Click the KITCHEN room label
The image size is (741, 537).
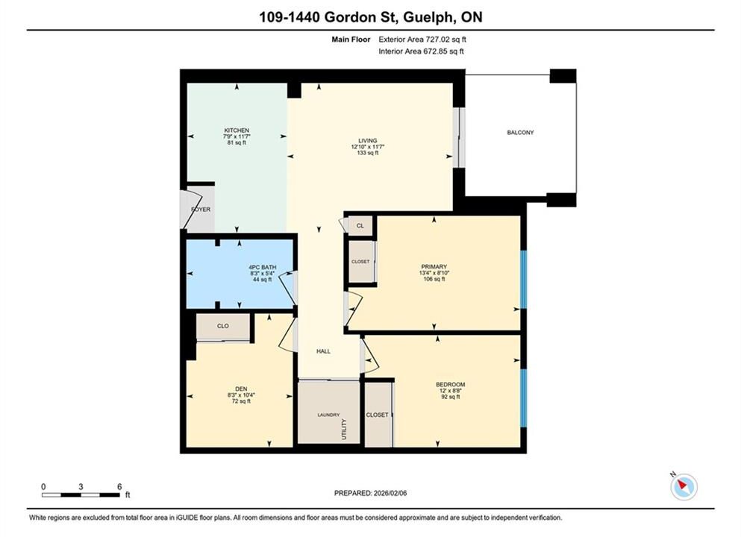click(237, 131)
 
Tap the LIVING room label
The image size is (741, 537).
click(368, 140)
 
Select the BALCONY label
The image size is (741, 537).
click(520, 133)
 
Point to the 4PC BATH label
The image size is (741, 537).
click(263, 267)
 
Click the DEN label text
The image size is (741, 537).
click(241, 389)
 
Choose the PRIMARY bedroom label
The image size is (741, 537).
click(434, 267)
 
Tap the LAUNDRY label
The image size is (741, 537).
click(328, 415)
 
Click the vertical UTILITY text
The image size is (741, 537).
click(344, 429)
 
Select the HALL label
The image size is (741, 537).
click(323, 351)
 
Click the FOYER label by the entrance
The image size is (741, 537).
click(201, 210)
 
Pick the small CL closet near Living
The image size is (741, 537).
click(360, 226)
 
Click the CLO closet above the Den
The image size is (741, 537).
click(222, 326)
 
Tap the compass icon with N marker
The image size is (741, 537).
click(684, 486)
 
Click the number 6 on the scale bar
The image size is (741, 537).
click(119, 486)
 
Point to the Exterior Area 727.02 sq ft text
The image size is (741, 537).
click(422, 40)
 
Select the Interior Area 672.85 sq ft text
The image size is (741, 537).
click(421, 51)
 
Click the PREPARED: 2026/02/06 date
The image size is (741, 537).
click(370, 493)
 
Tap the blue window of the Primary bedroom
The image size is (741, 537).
click(523, 279)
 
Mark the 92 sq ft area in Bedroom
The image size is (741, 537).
click(451, 397)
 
